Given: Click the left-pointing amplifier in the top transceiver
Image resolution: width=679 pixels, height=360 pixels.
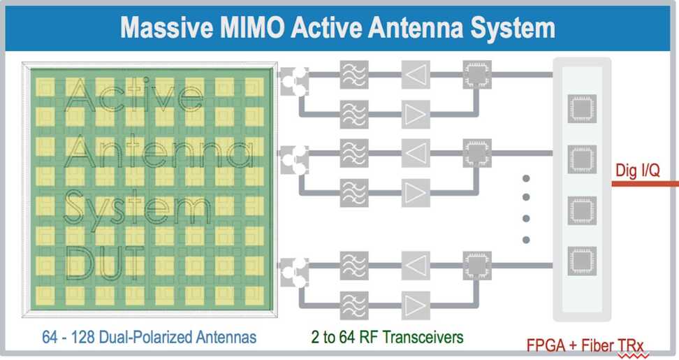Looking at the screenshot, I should click(x=415, y=74).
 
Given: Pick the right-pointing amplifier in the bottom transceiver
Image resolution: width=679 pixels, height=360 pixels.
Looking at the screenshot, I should click(x=415, y=304).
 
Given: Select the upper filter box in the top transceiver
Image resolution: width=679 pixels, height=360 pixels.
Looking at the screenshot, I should click(x=354, y=74).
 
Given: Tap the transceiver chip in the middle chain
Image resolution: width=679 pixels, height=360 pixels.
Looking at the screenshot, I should click(x=477, y=149).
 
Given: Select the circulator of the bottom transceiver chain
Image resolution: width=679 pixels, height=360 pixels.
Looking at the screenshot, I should click(x=293, y=272).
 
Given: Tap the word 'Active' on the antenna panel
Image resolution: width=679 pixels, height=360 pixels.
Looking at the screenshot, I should click(x=129, y=98).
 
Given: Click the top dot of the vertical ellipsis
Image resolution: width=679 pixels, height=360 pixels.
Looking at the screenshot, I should click(x=527, y=178).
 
